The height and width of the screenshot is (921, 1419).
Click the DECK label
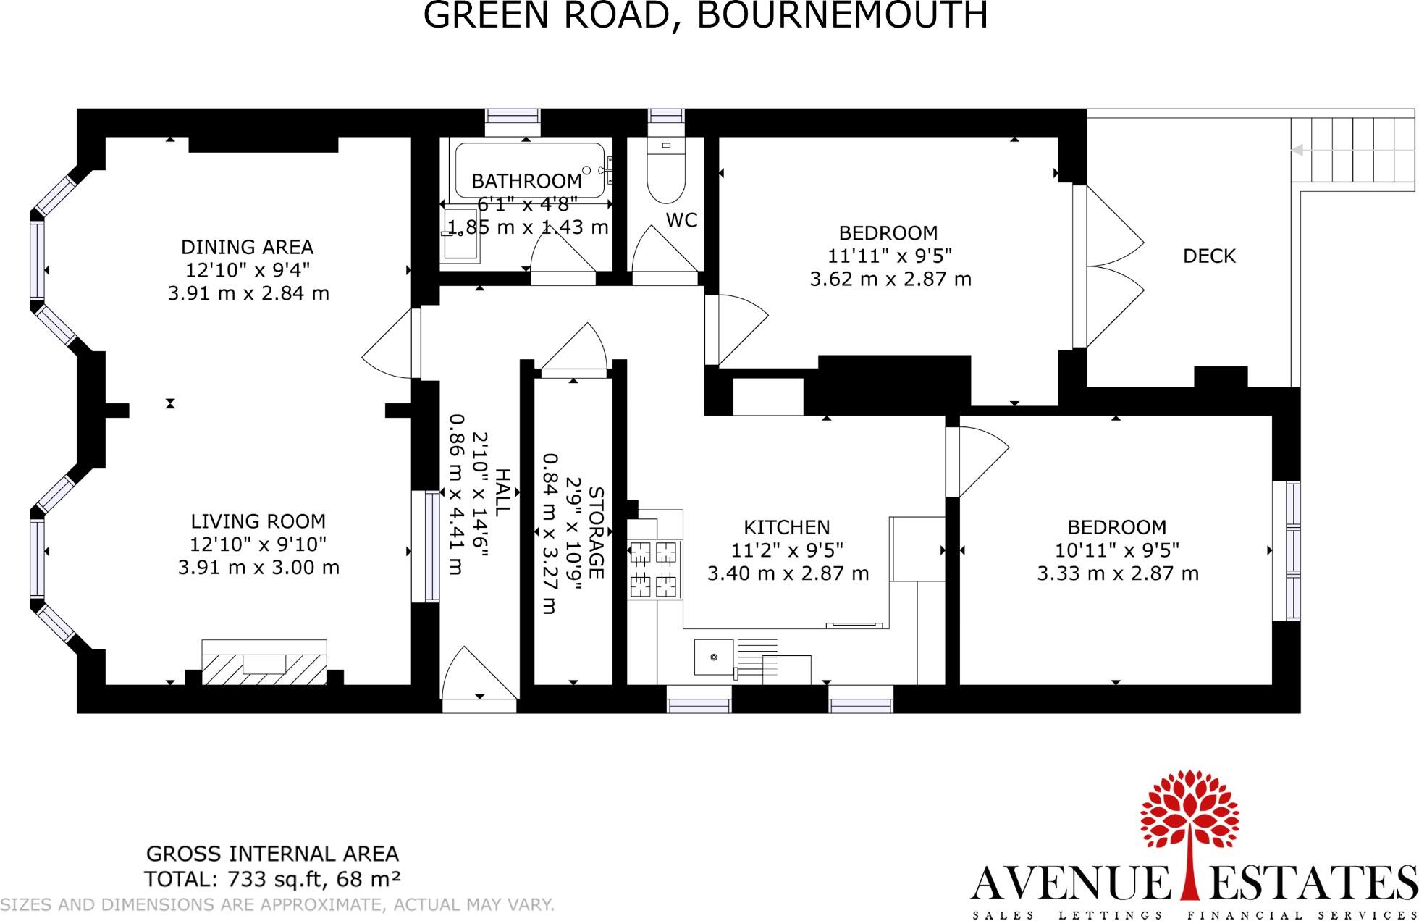point(1209,256)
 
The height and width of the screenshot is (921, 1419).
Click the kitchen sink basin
point(713,657)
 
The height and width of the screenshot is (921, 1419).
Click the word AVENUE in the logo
point(1070,883)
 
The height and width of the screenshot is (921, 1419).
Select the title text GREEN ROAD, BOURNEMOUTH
point(705,14)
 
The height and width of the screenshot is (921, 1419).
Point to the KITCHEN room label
point(787,527)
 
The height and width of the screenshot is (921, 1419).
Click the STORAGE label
point(596,532)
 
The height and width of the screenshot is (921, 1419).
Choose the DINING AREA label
point(247,247)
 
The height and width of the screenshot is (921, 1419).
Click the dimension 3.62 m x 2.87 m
point(890,279)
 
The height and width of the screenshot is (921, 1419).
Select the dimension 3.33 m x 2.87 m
point(1118,573)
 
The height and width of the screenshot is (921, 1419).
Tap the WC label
point(681,220)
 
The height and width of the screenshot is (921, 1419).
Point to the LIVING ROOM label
point(258,521)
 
